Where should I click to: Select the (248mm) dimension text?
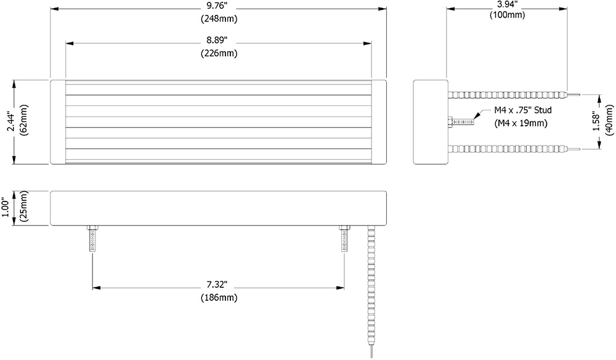tap(218, 18)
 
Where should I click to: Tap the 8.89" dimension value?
tap(218, 41)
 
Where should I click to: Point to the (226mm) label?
tap(218, 54)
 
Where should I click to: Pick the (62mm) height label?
tap(23, 122)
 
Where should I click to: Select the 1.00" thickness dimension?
tap(6, 208)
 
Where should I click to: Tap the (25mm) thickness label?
tap(23, 208)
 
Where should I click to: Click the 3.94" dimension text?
tap(507, 4)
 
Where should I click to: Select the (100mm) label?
tap(507, 15)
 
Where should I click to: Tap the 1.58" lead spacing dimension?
tap(594, 121)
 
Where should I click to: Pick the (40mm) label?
tap(609, 121)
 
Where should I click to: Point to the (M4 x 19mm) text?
tap(521, 123)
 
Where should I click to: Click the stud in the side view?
tap(461, 121)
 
